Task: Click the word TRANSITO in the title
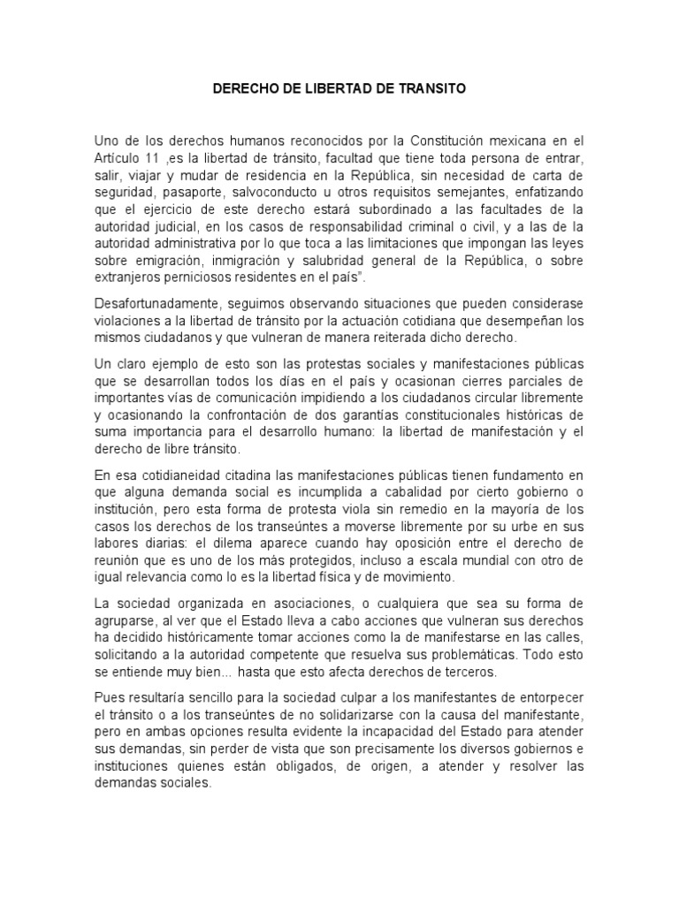point(435,90)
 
